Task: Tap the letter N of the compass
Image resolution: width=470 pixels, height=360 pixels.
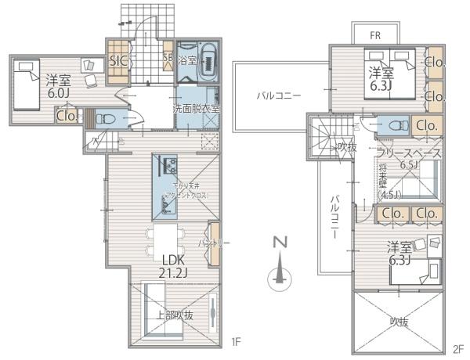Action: pos(277,243)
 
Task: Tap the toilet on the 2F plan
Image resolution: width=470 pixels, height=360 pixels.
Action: pos(392,125)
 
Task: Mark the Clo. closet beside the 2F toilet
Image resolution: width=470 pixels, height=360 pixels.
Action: pos(427,125)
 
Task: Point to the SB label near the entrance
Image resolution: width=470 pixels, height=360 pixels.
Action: pos(167,59)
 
